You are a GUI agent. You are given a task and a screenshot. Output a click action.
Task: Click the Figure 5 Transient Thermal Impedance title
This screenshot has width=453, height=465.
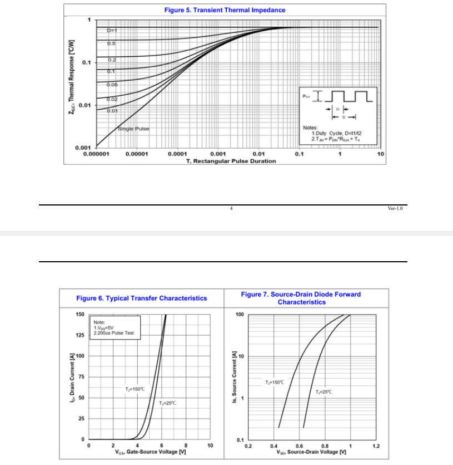coord(225,10)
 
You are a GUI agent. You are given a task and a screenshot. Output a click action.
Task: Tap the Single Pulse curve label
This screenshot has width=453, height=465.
coord(133,129)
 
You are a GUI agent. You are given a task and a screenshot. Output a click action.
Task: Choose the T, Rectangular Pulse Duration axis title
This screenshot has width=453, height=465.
coord(231,161)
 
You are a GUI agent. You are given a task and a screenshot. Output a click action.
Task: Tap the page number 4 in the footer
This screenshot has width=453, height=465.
coord(231,208)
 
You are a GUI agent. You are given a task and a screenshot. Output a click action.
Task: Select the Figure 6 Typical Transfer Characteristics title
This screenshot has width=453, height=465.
coord(141,298)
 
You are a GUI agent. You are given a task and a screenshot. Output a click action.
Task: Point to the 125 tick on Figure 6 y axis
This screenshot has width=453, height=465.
coord(80,335)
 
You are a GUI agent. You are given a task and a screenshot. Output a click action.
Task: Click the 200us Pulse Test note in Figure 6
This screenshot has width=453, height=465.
coord(114,333)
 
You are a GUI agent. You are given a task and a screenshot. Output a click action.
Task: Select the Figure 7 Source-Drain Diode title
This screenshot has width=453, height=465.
coord(301,298)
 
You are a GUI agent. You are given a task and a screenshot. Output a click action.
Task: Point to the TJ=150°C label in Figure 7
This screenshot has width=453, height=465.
coord(275,382)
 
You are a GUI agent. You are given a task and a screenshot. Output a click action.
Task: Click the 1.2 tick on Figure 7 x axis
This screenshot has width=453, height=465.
coord(376,446)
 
